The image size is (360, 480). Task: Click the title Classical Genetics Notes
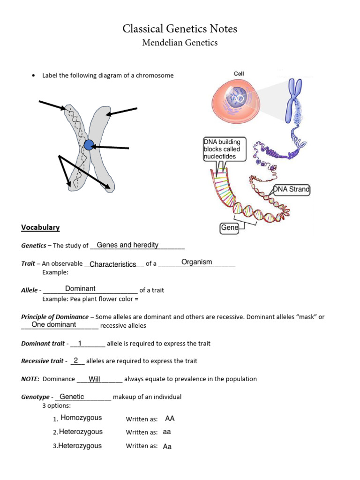tap(180, 29)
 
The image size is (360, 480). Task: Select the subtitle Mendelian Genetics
tap(180, 43)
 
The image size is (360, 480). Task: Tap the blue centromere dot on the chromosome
tap(89, 145)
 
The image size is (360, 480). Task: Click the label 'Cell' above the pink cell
tap(239, 74)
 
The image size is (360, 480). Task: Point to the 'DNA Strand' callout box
tap(292, 189)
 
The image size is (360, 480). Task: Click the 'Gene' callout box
tap(230, 228)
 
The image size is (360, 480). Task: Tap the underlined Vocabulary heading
tap(40, 227)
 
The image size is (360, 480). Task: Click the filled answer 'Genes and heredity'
tap(127, 245)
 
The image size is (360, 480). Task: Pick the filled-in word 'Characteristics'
tap(113, 264)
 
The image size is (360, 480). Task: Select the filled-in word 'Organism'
tap(197, 262)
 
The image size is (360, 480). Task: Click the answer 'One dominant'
tap(54, 324)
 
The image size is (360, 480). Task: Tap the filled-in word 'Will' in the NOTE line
tap(95, 379)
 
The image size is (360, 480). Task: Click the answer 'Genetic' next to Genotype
tap(72, 397)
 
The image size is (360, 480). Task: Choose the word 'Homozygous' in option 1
tap(81, 418)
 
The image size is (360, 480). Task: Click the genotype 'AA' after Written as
tap(170, 419)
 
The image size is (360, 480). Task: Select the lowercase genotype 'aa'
tap(167, 432)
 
